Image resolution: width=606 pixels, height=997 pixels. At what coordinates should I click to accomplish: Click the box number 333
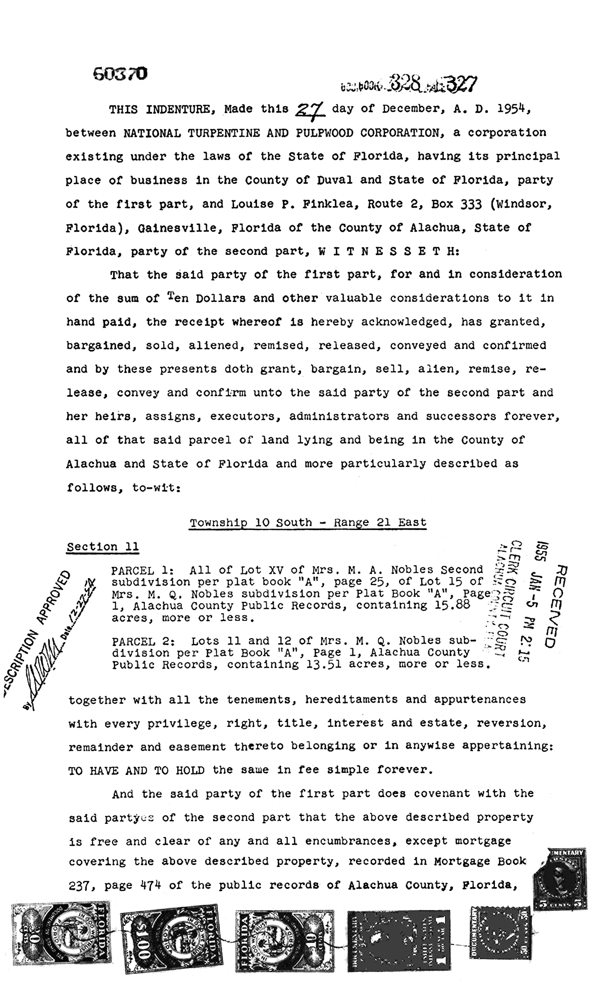(x=457, y=204)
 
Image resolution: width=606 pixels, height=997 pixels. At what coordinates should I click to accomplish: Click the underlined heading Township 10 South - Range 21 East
(x=308, y=522)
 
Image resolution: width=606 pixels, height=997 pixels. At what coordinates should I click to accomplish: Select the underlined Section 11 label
(x=103, y=547)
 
